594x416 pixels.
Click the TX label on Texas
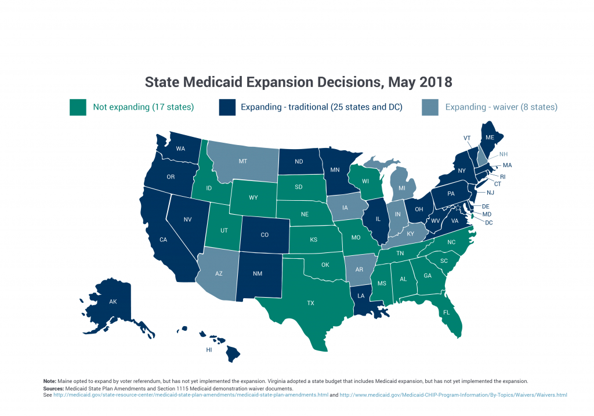coord(310,303)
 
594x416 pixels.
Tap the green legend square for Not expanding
coord(77,107)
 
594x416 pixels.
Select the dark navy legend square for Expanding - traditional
coord(227,107)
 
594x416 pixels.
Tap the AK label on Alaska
coord(113,302)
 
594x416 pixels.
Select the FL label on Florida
coord(447,312)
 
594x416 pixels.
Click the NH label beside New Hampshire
coord(503,155)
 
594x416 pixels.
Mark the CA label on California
coord(163,238)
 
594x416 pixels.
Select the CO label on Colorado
coord(264,235)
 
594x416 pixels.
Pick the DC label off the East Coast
coord(489,223)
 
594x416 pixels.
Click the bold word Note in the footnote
coord(50,381)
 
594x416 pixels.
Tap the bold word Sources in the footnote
coord(53,388)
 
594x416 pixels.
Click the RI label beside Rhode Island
coord(503,176)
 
